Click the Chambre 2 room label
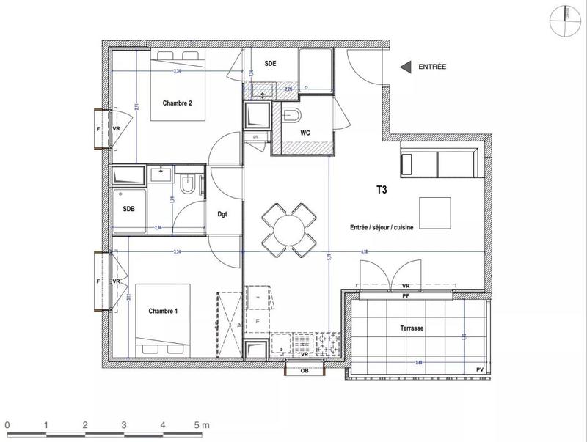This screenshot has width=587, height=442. pyautogui.click(x=177, y=103)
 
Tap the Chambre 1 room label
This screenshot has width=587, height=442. pyautogui.click(x=163, y=311)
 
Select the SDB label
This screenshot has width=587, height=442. pyautogui.click(x=129, y=208)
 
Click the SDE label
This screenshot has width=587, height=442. pyautogui.click(x=270, y=64)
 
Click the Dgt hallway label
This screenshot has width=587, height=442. pyautogui.click(x=222, y=214)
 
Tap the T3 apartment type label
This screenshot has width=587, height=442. pyautogui.click(x=382, y=188)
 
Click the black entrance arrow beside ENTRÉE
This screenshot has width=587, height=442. pyautogui.click(x=404, y=67)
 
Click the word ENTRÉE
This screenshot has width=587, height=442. pyautogui.click(x=432, y=67)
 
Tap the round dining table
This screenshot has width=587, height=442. pyautogui.click(x=291, y=229)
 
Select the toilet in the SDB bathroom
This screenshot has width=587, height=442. pyautogui.click(x=187, y=183)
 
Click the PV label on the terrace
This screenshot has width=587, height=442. pyautogui.click(x=479, y=369)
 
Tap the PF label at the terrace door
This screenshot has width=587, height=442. pyautogui.click(x=406, y=295)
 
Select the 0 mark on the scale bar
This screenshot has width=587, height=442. pyautogui.click(x=7, y=425)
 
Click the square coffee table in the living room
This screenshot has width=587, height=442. pyautogui.click(x=434, y=213)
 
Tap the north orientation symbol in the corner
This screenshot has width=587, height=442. pyautogui.click(x=565, y=16)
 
